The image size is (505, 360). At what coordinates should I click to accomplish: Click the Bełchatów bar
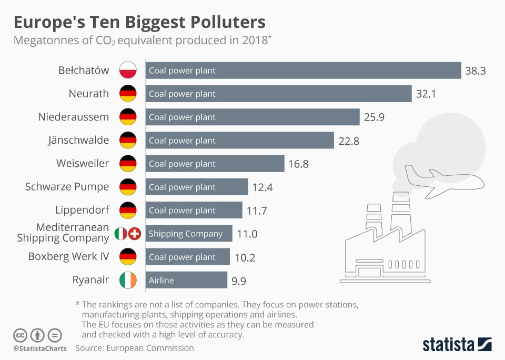click(x=303, y=71)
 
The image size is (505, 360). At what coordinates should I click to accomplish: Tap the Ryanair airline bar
click(x=186, y=280)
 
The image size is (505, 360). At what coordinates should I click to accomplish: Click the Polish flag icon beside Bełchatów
click(x=128, y=71)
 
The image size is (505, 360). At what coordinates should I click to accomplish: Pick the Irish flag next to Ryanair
click(x=128, y=280)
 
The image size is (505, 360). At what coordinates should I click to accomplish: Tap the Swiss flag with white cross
click(x=135, y=233)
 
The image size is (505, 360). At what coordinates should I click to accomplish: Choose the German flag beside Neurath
click(x=128, y=94)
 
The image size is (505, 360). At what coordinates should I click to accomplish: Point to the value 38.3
click(x=475, y=71)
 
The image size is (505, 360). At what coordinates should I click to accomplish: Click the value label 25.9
click(x=374, y=117)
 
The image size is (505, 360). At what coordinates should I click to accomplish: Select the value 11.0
click(x=247, y=234)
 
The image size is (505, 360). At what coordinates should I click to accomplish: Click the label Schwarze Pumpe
click(x=67, y=187)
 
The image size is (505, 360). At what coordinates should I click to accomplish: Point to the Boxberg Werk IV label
click(x=68, y=257)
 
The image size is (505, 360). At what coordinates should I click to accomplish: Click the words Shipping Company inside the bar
click(x=186, y=234)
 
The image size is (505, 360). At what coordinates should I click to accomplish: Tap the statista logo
click(x=457, y=345)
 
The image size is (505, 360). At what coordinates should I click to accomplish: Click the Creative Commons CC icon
click(x=21, y=335)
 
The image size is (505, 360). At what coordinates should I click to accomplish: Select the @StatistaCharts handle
click(x=39, y=348)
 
